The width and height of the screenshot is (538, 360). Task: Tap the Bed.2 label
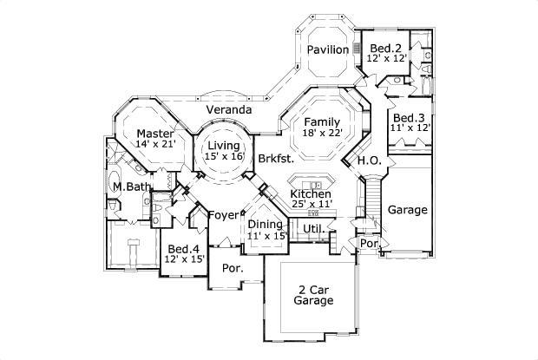384,47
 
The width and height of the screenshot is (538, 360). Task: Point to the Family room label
321,121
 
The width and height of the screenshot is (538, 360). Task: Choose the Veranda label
229,110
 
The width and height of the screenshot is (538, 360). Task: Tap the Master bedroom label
155,133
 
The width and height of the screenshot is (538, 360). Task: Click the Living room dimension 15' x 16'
223,157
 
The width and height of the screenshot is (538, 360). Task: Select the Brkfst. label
276,159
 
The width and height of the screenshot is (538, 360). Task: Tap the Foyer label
223,215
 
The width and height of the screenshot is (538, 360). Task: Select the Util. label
313,228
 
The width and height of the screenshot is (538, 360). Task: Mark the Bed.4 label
185,247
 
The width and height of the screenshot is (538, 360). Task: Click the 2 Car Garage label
313,295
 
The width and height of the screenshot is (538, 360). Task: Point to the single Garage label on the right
406,210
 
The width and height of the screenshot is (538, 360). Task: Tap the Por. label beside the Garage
370,245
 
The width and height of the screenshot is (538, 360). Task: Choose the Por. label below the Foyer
232,269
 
